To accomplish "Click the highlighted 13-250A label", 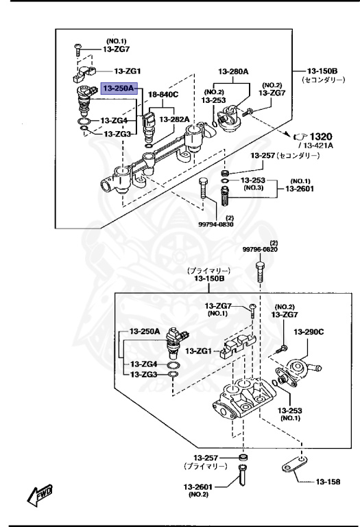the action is pyautogui.click(x=119, y=89).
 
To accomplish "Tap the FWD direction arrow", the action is pyautogui.click(x=40, y=495).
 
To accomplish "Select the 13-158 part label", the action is pyautogui.click(x=328, y=482).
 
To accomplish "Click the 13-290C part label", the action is pyautogui.click(x=309, y=331).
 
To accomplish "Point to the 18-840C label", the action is pyautogui.click(x=163, y=95).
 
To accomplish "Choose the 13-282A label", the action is pyautogui.click(x=174, y=119).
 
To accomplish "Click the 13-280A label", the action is pyautogui.click(x=233, y=71).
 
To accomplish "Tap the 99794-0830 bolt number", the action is pyautogui.click(x=215, y=224).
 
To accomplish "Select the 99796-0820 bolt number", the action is pyautogui.click(x=261, y=249).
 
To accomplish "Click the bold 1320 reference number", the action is pyautogui.click(x=321, y=137).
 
